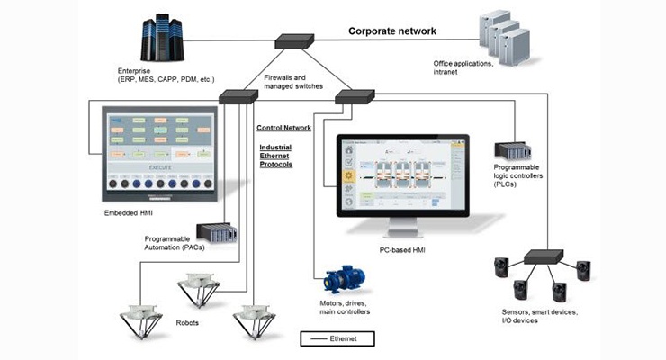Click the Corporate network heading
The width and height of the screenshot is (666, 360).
click(392, 31)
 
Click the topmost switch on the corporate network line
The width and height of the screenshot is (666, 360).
click(294, 40)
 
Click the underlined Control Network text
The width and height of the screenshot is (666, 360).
click(284, 129)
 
